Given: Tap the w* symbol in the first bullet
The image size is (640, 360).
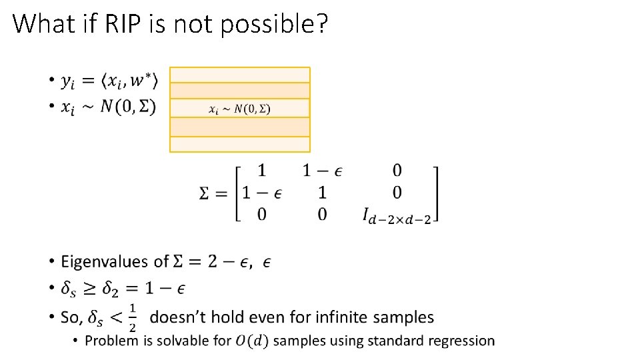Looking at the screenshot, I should (142, 81).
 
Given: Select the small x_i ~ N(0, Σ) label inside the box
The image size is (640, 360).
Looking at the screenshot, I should (239, 109).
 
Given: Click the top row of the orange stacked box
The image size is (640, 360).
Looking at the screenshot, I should (239, 75).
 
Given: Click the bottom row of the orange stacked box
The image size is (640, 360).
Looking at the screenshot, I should (239, 144).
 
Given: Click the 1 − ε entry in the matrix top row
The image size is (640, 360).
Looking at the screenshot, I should (323, 171).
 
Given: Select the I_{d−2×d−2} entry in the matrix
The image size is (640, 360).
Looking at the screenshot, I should (397, 215).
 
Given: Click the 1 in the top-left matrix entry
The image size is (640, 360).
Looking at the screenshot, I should (262, 171).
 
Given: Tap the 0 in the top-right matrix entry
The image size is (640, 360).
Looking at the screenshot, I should (397, 171).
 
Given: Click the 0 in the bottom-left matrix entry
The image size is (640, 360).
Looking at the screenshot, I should (262, 215).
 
